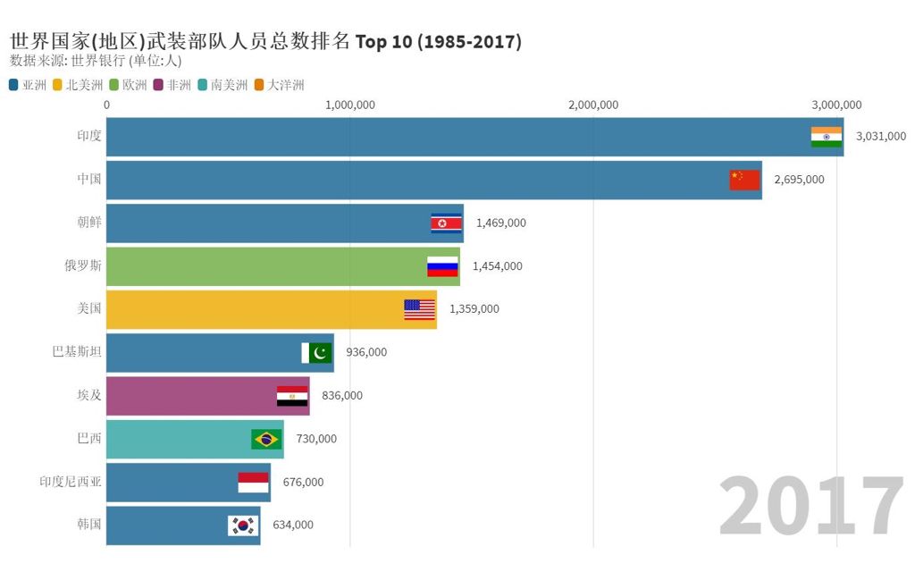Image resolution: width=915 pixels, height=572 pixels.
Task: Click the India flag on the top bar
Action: pos(827,137)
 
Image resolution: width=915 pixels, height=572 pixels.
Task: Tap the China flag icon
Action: pos(744,180)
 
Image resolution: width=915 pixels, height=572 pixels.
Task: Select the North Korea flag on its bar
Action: pos(447,223)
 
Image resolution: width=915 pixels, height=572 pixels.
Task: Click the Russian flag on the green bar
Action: pos(442,266)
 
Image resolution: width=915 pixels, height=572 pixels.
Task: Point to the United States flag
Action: pos(419,309)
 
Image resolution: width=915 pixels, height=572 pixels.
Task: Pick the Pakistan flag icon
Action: pos(316,352)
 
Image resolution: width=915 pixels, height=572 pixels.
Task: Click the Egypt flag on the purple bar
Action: pos(292,396)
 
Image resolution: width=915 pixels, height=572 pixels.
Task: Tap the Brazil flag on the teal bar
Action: pos(266,439)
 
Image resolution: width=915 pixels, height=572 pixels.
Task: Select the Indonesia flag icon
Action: pos(253,483)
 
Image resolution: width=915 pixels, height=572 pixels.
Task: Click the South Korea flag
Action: pos(242,526)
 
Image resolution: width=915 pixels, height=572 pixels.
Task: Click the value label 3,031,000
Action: pos(880,137)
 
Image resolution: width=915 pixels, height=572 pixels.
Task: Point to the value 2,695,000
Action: pos(799,180)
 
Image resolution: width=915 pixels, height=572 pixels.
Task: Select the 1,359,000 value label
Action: pos(474,309)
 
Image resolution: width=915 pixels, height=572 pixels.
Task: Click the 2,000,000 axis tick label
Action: pos(592,105)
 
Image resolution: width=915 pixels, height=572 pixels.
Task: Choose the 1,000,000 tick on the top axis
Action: pos(349,105)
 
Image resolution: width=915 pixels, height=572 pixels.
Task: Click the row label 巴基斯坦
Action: pos(77,352)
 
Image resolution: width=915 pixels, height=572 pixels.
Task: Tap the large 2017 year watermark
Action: pos(811,508)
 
